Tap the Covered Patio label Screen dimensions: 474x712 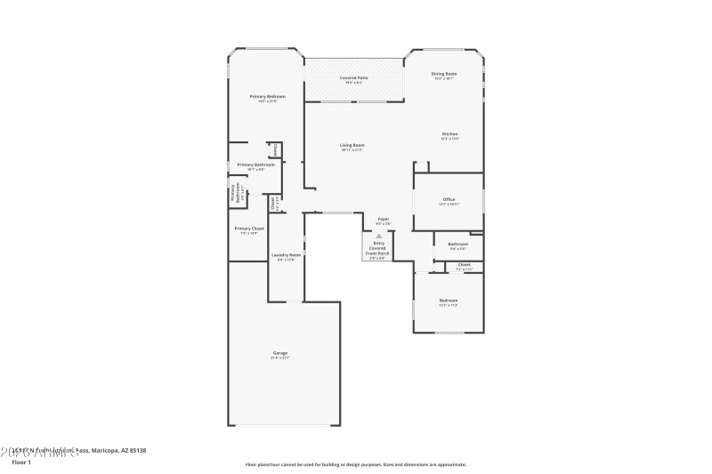(354, 78)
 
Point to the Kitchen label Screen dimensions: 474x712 (449, 135)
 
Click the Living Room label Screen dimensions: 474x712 (352, 146)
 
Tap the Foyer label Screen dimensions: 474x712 (384, 220)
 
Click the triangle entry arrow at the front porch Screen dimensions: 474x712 (378, 237)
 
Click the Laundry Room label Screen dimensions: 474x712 (286, 256)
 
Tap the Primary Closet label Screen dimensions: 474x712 (249, 229)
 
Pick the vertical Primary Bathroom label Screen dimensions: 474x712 (238, 195)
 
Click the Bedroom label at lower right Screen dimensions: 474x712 (449, 301)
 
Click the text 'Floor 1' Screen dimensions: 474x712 (20, 462)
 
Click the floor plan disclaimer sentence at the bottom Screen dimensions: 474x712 (355, 464)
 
